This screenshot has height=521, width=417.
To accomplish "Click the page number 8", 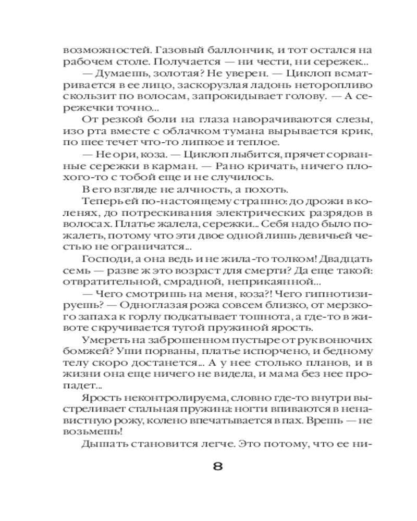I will point(217,464).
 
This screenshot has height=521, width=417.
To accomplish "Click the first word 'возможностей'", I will point(97,51).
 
